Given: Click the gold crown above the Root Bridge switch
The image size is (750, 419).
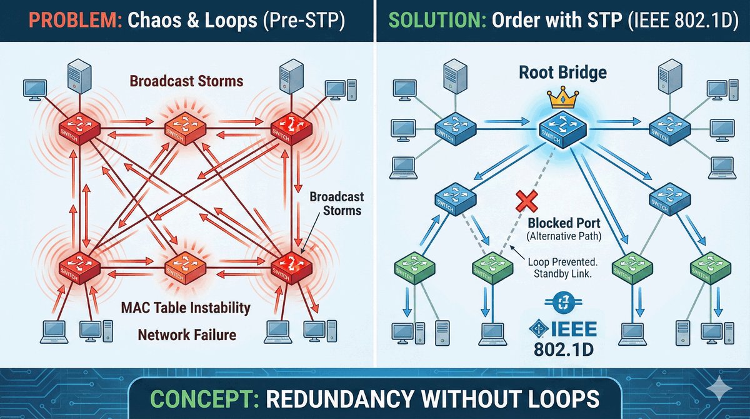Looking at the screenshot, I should click(x=559, y=99).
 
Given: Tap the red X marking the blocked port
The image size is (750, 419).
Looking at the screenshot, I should click(x=524, y=202).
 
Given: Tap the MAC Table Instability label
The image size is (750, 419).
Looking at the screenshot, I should click(x=186, y=308).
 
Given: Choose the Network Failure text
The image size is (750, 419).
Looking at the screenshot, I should click(x=187, y=335).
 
